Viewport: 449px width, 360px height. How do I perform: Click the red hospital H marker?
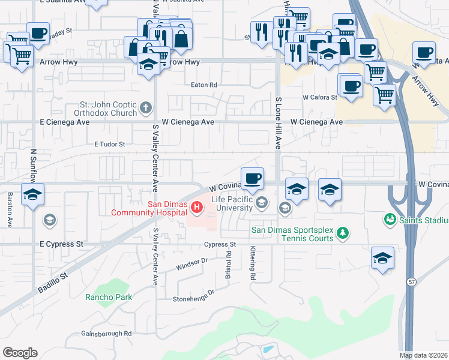click(x=196, y=208)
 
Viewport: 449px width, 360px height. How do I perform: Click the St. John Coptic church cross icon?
click(x=145, y=109)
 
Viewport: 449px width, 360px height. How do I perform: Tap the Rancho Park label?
click(x=108, y=297)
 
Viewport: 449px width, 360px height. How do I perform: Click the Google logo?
click(x=20, y=353)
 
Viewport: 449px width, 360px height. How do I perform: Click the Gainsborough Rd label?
click(x=106, y=333)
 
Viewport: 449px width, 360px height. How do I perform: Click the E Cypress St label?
click(x=61, y=244)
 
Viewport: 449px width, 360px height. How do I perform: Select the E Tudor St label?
click(x=109, y=144)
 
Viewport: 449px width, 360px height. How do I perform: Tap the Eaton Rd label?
click(x=203, y=85)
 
